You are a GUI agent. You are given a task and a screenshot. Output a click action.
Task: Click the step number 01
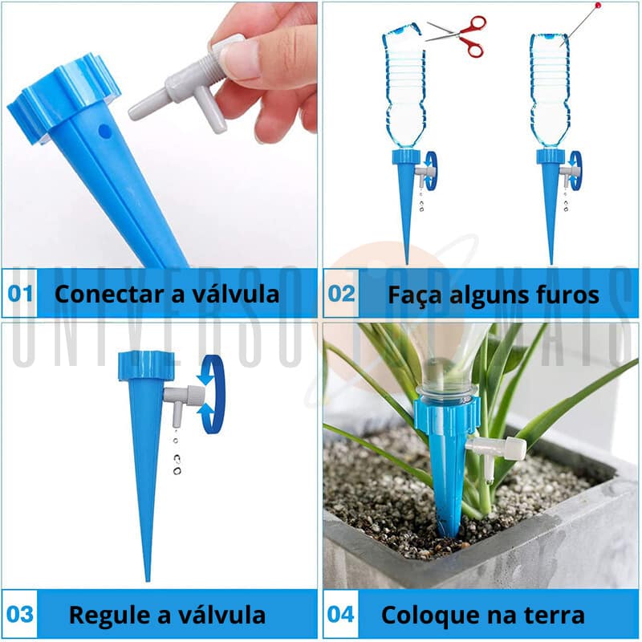(19, 294)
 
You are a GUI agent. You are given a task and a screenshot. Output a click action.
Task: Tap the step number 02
(341, 294)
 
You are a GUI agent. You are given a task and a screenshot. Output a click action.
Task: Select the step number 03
(19, 614)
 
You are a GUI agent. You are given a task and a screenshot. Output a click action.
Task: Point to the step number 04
(340, 614)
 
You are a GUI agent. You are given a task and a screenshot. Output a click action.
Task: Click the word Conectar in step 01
(110, 294)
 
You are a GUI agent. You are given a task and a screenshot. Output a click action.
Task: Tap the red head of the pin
(598, 6)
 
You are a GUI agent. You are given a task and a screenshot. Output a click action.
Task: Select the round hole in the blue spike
(105, 132)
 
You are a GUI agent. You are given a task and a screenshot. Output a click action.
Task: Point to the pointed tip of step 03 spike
(148, 580)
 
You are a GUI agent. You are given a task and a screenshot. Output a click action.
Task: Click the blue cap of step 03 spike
(146, 366)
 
